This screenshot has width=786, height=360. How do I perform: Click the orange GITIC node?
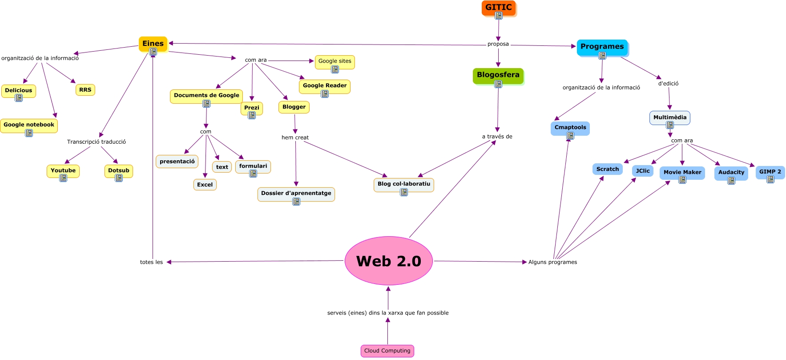(x=498, y=8)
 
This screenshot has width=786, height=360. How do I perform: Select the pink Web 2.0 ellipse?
(x=388, y=261)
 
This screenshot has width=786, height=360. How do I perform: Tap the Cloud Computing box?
(x=387, y=351)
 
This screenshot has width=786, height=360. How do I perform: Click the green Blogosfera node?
(x=498, y=75)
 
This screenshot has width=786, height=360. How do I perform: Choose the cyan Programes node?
(x=602, y=47)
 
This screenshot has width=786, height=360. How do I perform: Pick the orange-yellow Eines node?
(x=153, y=44)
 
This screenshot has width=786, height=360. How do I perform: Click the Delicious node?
(x=18, y=90)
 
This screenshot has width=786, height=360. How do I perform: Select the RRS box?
(x=85, y=90)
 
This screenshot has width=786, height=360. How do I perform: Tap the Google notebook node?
(x=29, y=125)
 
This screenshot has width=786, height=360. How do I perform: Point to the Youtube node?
(x=63, y=170)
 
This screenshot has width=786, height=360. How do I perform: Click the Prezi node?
(x=251, y=108)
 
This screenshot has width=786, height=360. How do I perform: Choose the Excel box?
(x=205, y=185)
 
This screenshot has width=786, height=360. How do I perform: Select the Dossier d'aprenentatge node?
(x=296, y=193)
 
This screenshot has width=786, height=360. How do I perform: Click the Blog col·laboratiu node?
(x=403, y=184)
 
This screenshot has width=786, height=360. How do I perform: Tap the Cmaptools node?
(x=570, y=128)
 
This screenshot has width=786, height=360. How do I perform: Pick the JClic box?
(x=642, y=171)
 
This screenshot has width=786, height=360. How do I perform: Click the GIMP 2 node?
(x=770, y=172)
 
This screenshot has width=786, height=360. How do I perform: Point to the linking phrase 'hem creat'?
(x=295, y=138)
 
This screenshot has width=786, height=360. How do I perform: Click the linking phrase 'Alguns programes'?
(x=552, y=262)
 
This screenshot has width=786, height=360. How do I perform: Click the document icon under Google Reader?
(x=325, y=94)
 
